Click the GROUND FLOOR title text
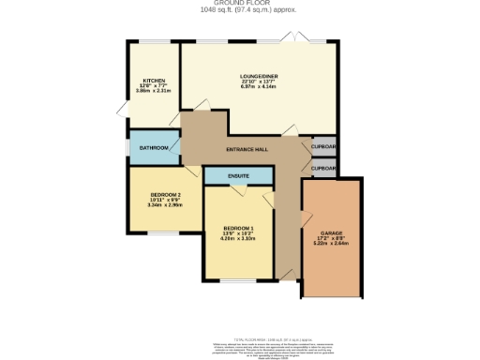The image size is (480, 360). click(x=240, y=4)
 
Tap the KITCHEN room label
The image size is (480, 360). click(x=154, y=81)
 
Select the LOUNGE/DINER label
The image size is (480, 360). click(x=259, y=76)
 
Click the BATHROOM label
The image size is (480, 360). click(x=154, y=148)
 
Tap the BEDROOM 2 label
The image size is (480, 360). click(x=165, y=194)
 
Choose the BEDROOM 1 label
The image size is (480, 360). click(x=238, y=228)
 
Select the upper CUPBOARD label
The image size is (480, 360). click(x=324, y=148)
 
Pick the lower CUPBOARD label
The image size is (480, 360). click(x=324, y=168)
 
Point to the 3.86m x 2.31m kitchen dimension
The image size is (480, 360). click(x=154, y=91)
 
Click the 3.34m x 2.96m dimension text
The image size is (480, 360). click(x=165, y=205)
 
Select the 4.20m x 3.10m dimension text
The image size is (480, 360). click(x=238, y=239)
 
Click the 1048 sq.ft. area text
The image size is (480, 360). click(x=240, y=10)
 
